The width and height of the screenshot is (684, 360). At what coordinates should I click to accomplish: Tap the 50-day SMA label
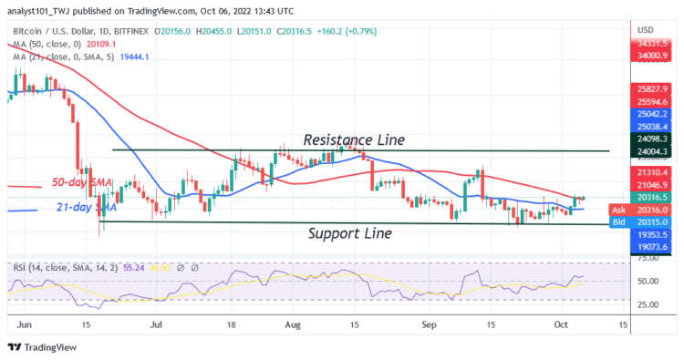click(80, 183)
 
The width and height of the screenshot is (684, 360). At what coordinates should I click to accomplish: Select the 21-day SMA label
click(80, 209)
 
